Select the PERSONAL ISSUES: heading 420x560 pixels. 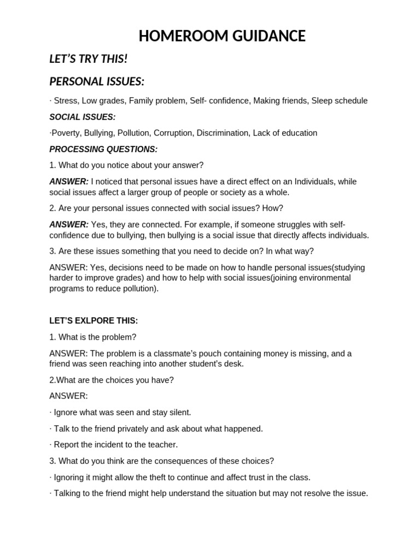pos(97,81)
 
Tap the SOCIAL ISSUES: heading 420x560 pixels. pos(83,117)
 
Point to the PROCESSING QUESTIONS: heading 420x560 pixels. pos(103,149)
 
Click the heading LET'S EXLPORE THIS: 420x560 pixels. pos(94,321)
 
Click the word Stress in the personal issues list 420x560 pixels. pos(65,101)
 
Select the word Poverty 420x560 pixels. pos(65,133)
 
